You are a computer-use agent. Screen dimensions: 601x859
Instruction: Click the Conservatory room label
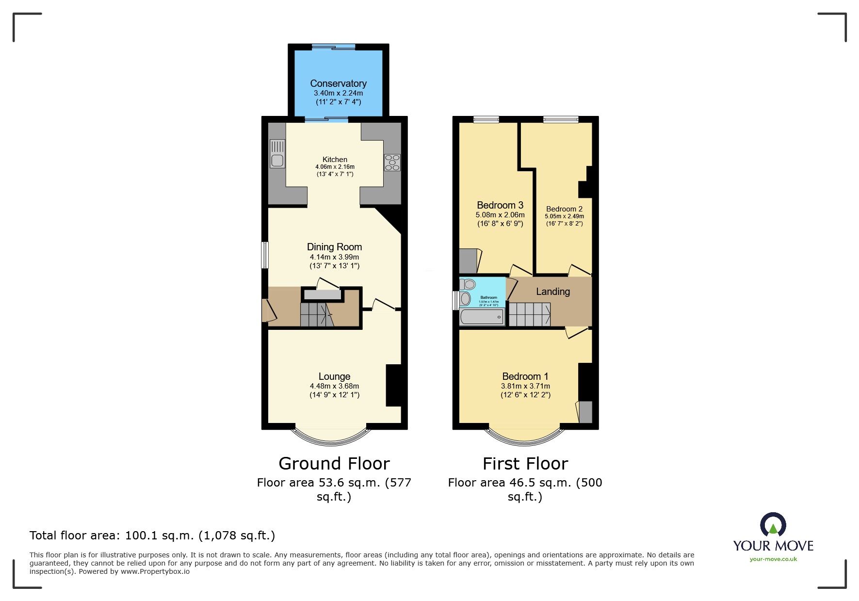coord(338,83)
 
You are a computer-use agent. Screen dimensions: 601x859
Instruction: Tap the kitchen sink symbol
coord(277,154)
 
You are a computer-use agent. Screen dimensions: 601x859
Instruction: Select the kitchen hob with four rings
coord(392,162)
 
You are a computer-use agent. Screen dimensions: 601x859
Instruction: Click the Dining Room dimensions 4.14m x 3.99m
coord(334,257)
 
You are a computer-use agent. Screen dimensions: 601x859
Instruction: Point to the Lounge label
coord(334,376)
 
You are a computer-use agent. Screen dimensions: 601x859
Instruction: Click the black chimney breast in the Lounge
coord(393,385)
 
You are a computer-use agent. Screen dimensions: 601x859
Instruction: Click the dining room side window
coord(265,255)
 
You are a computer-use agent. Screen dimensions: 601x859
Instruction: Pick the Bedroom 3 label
coord(500,205)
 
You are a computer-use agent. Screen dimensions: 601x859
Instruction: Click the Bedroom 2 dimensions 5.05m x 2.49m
coord(564,216)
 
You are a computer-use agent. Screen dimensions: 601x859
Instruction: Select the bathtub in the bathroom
coord(482,317)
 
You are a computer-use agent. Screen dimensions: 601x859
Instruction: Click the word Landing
coord(553,292)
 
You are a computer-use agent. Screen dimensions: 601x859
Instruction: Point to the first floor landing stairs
coord(529,314)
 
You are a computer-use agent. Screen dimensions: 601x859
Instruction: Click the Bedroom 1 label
coord(525,376)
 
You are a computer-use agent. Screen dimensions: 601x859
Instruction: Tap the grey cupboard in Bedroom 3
coord(468,261)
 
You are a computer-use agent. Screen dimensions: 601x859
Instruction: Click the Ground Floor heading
coord(334,464)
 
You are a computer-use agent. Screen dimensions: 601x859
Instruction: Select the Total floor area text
coord(152,536)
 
